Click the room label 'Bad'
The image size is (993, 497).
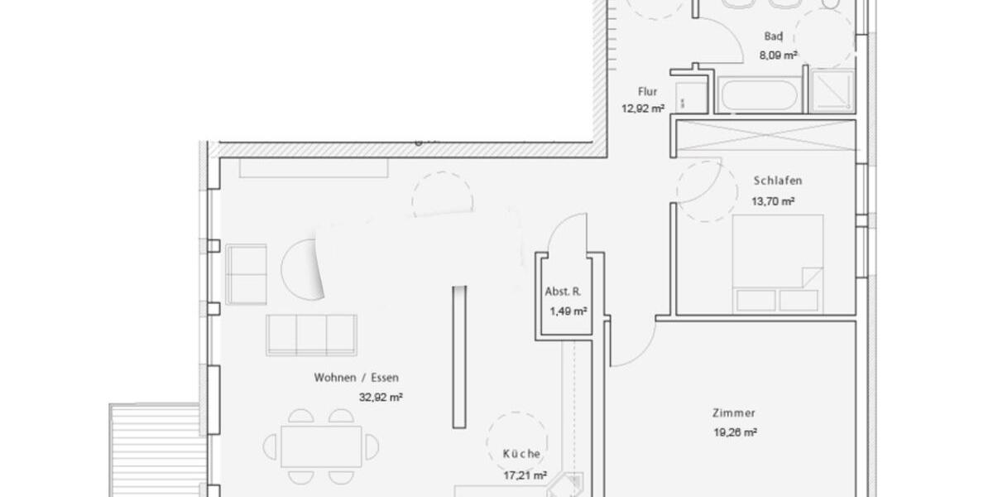[774, 36]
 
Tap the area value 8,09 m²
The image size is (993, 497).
[779, 56]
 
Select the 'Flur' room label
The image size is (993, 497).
[648, 92]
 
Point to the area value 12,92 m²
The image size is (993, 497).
[643, 108]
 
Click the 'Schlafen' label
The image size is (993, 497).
[778, 181]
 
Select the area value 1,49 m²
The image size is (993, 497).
[568, 311]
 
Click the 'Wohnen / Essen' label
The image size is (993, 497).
[356, 378]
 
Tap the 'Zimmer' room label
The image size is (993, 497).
[733, 413]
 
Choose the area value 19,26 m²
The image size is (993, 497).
[736, 432]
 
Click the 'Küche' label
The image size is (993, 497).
[522, 454]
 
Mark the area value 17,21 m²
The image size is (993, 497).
[525, 475]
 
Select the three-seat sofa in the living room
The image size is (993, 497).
[312, 335]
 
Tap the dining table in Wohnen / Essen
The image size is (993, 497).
[321, 446]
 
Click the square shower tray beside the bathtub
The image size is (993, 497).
[832, 90]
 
